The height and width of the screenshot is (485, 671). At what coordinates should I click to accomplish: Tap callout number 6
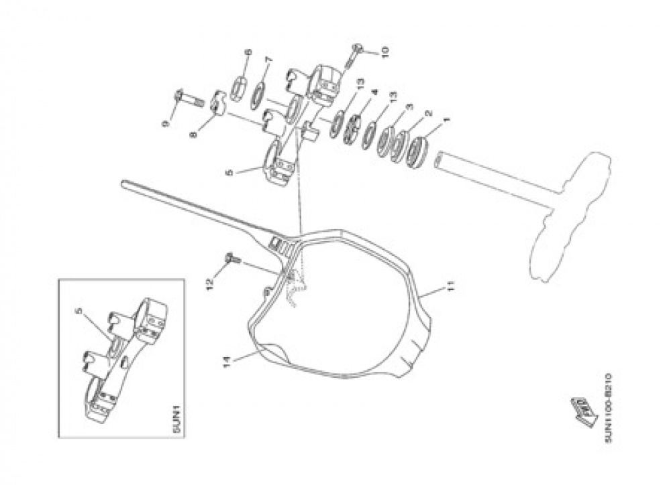tap(248, 53)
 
